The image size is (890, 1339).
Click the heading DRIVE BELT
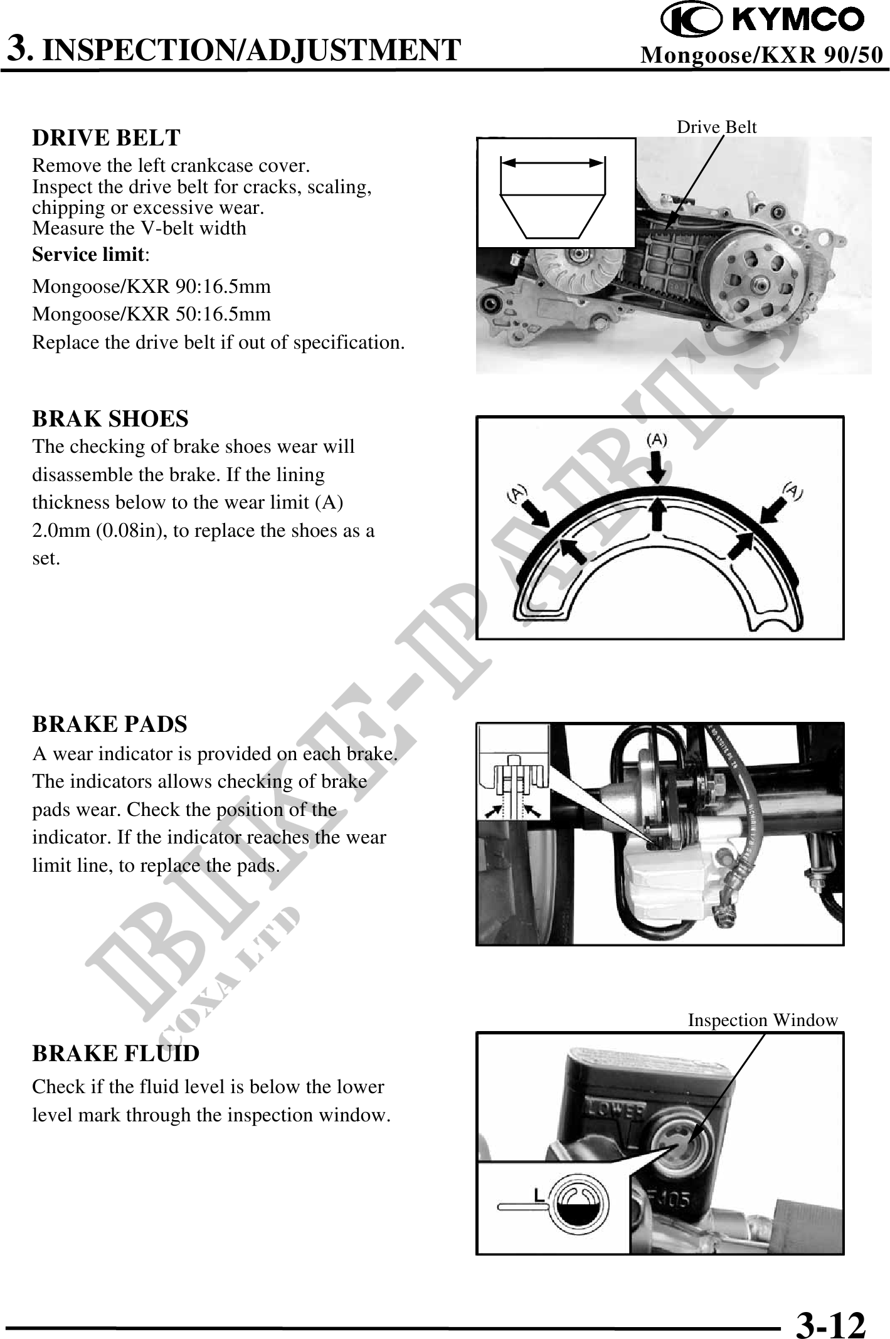(106, 137)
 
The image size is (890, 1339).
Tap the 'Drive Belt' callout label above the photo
(716, 127)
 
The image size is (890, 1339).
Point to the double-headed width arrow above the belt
(553, 162)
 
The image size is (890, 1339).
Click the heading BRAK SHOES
(110, 419)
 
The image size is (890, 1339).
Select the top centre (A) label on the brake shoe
(657, 439)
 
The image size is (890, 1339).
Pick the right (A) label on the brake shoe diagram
(794, 490)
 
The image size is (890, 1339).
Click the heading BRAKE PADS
(110, 724)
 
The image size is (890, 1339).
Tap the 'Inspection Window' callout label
(763, 1020)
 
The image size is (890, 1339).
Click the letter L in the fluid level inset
(538, 1196)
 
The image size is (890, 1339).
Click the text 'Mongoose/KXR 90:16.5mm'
(152, 287)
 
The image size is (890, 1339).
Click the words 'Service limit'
(88, 255)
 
